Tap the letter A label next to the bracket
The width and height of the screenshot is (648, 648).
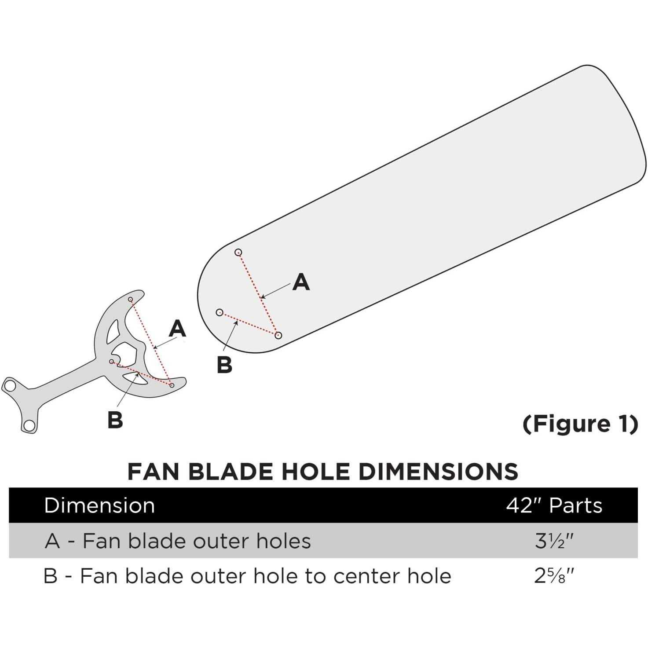point(177,329)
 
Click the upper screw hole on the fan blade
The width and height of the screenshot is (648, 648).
point(238,253)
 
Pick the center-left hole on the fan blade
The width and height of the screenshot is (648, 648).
point(220,313)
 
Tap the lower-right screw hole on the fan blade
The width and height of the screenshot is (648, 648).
point(278,335)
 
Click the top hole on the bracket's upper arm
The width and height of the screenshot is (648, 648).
point(131,299)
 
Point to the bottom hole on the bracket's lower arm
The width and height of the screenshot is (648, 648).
point(172,385)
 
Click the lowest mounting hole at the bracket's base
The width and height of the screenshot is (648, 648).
point(29,425)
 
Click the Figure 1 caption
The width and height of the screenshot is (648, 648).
point(581,424)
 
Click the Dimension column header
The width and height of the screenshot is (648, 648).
point(99,506)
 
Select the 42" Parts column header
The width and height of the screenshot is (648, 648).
point(554,506)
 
